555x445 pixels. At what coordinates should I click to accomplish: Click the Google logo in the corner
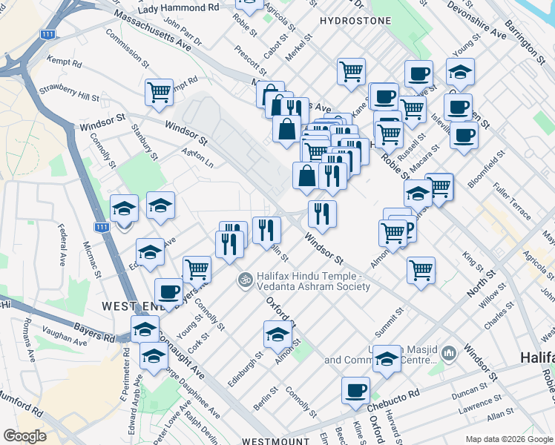[24, 436]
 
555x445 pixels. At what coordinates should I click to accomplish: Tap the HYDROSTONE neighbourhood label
[355, 21]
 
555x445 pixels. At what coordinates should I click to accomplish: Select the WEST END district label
[129, 306]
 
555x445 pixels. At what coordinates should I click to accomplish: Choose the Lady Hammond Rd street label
[179, 7]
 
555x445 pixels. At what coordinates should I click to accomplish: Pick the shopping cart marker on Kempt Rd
[159, 92]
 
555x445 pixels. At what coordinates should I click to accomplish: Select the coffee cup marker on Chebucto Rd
[355, 389]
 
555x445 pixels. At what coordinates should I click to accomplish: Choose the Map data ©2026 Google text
[509, 438]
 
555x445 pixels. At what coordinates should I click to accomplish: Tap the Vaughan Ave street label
[65, 337]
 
